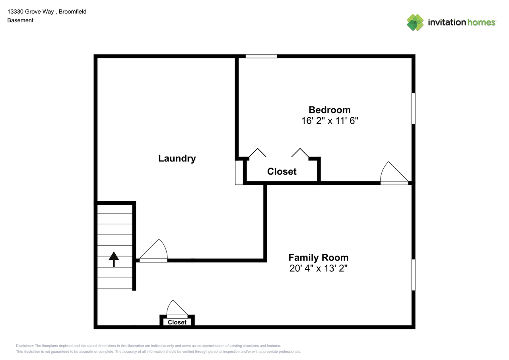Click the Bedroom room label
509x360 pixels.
point(330,110)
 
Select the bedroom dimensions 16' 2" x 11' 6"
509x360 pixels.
point(330,121)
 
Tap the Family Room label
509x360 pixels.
point(318,257)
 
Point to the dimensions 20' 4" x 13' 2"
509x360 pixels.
point(318,269)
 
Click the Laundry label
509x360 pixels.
point(177,158)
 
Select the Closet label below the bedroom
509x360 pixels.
point(282,171)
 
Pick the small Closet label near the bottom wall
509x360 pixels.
point(177,322)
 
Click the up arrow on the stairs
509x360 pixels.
point(114,259)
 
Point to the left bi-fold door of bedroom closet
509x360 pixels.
point(257,153)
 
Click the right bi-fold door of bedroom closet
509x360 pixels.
point(300,153)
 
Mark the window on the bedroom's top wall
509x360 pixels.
point(261,56)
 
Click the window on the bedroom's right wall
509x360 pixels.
point(414,108)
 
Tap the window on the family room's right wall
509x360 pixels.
point(414,274)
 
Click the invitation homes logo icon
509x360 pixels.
point(415,22)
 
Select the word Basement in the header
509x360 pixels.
point(20,20)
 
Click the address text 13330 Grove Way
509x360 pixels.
point(31,12)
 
